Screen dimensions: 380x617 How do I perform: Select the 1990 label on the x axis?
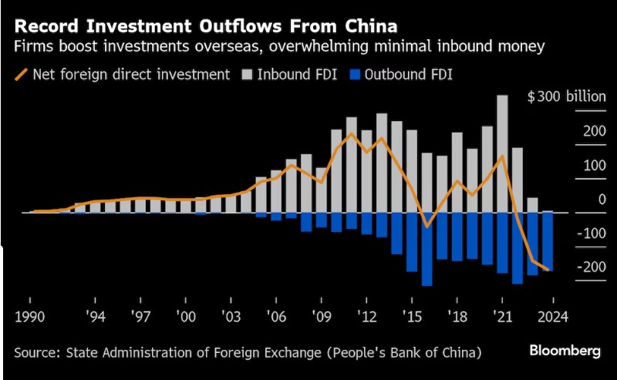(x=29, y=316)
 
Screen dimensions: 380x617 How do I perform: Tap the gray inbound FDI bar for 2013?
(x=381, y=163)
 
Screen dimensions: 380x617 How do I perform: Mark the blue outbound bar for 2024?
(x=548, y=240)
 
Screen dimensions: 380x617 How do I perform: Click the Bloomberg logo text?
(x=565, y=351)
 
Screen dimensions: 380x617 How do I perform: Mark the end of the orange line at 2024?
(x=548, y=270)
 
